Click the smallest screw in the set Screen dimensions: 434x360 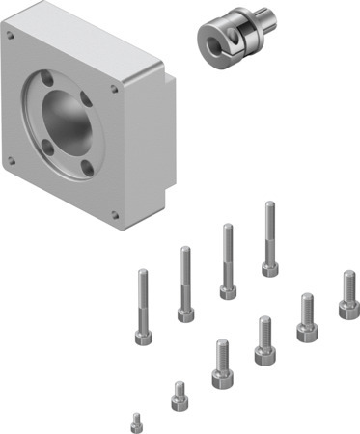coord(136,420)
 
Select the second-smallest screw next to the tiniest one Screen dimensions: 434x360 coord(178,394)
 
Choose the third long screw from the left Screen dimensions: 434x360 coord(228,260)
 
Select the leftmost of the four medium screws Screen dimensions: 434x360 coord(221,363)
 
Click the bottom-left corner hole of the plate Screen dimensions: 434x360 coord(12,159)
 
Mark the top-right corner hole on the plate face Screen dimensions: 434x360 coord(116,89)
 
